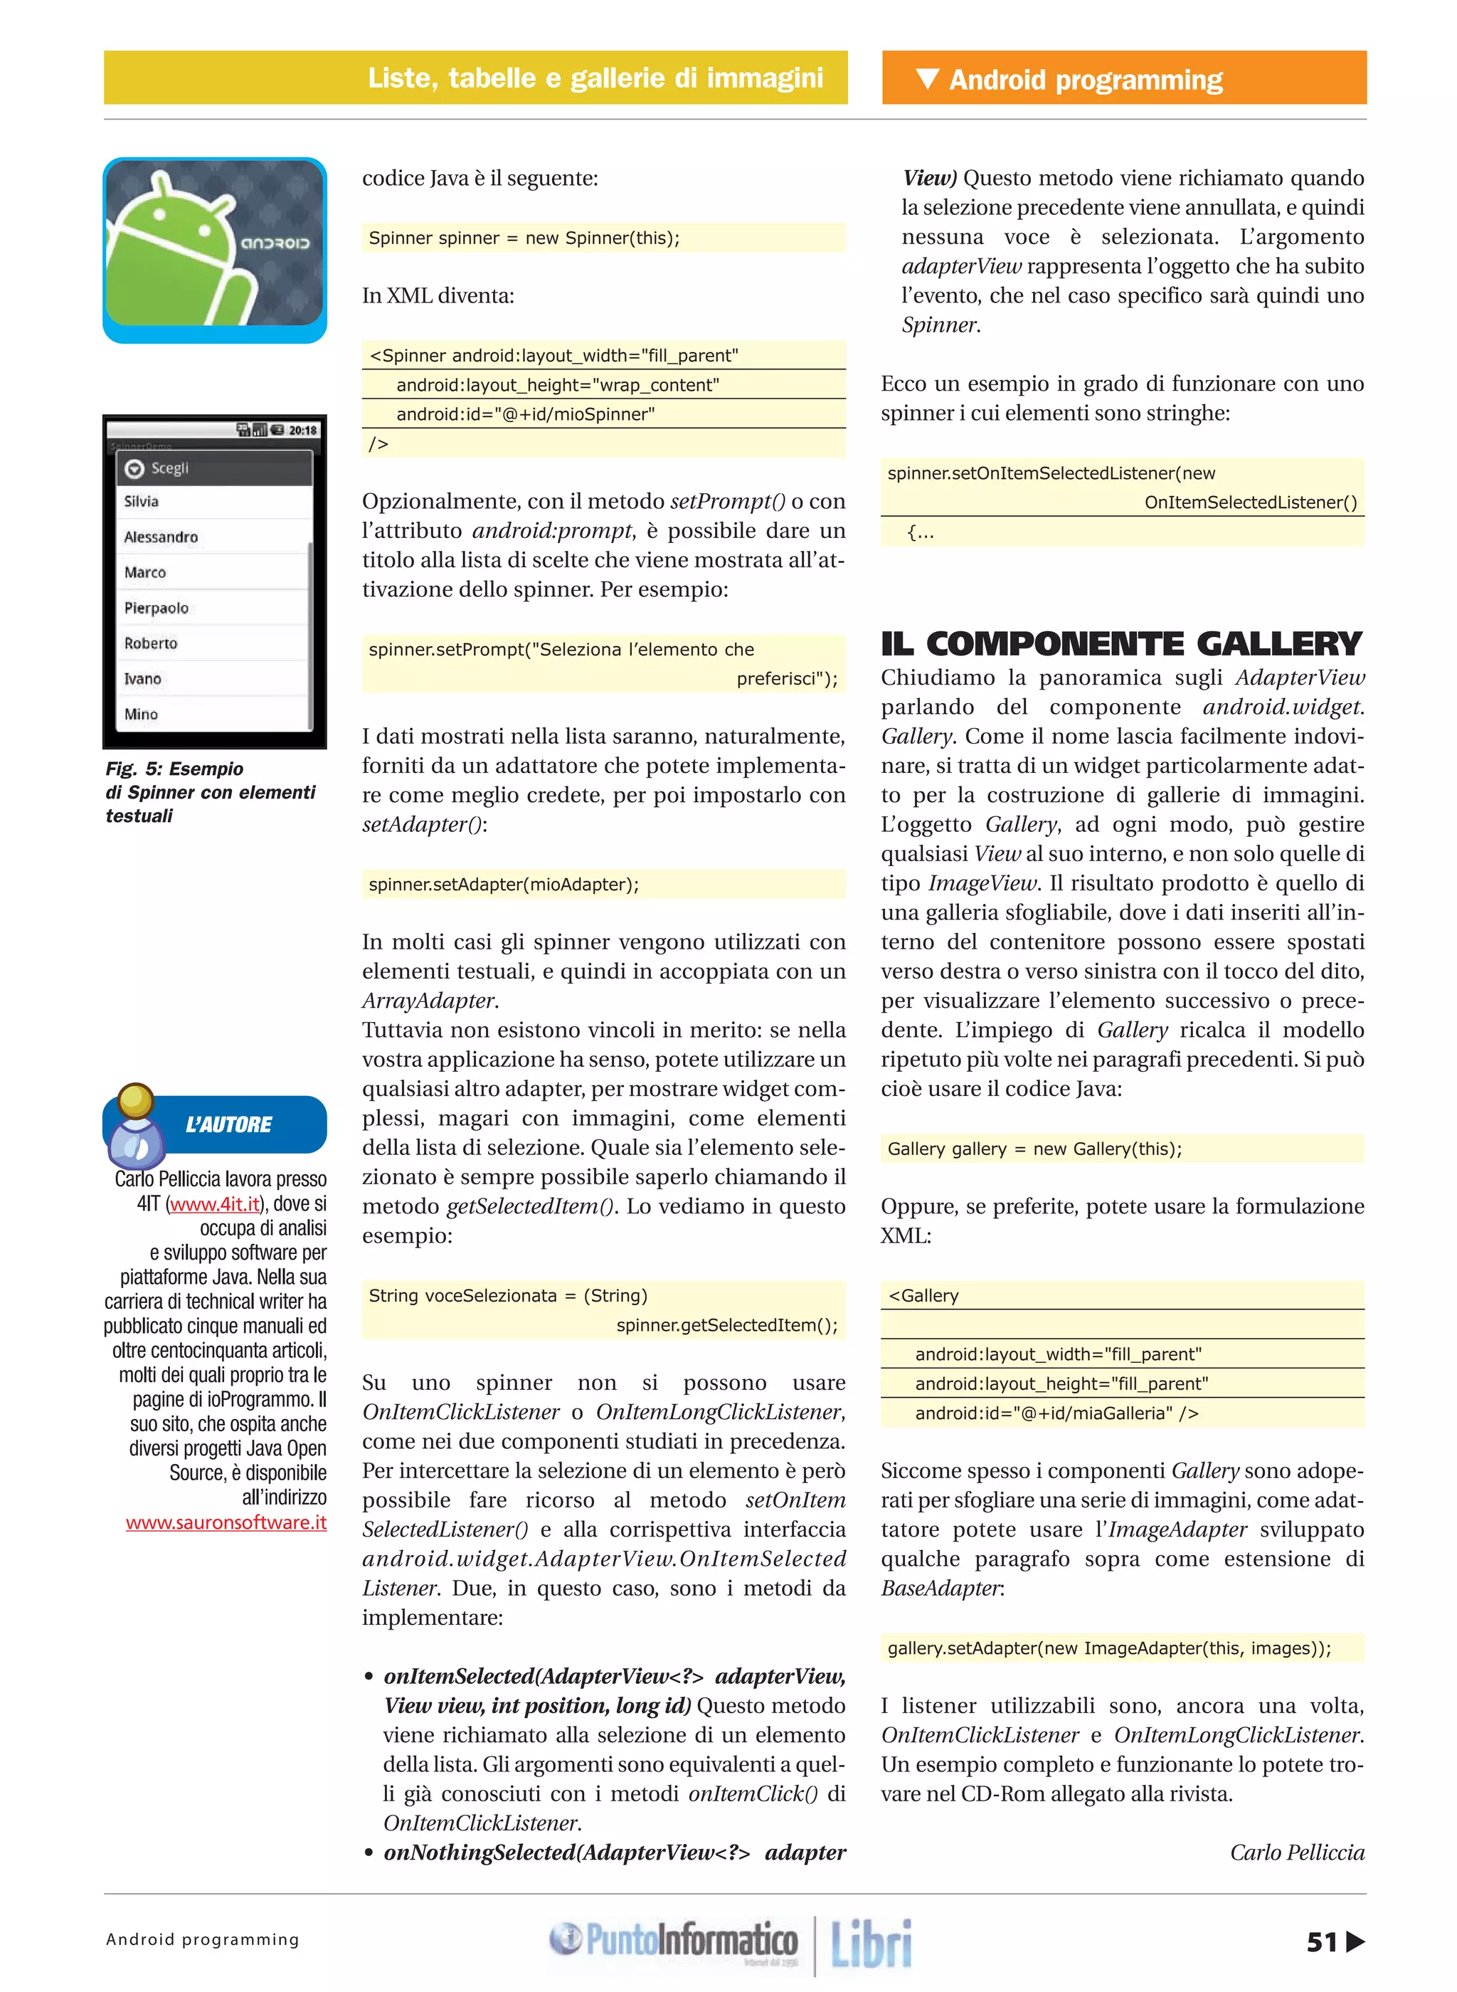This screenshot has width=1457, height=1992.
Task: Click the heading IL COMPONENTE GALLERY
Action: click(1121, 644)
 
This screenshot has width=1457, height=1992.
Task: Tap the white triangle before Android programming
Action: click(927, 78)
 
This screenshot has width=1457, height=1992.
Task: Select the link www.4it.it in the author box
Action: click(215, 1203)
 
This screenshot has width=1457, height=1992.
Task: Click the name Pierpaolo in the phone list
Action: click(156, 608)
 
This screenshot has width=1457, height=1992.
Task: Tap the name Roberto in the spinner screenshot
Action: click(151, 643)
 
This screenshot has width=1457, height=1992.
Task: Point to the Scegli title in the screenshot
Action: click(169, 468)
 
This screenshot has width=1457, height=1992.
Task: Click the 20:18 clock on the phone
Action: click(302, 431)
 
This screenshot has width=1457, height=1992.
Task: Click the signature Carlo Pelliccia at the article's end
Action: click(1296, 1852)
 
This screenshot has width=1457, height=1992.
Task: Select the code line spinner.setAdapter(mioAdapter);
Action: click(504, 884)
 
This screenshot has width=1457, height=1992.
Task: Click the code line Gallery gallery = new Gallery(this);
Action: click(1034, 1149)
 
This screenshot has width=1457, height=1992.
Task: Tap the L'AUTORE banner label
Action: click(228, 1124)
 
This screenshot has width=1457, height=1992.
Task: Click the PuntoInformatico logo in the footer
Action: click(674, 1940)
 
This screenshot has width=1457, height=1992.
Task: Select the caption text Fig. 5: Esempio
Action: click(174, 769)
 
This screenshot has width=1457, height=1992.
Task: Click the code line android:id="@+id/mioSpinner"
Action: click(525, 413)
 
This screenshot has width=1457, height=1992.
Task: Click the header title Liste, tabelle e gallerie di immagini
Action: click(595, 78)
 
